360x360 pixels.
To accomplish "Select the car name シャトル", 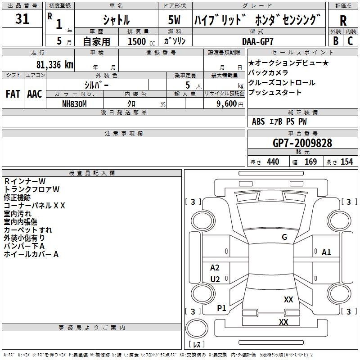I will pyautogui.click(x=116, y=20).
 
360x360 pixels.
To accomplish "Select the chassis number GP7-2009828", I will pyautogui.click(x=302, y=143).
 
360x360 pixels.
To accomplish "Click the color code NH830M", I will pyautogui.click(x=74, y=103).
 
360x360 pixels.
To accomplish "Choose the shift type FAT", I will pyautogui.click(x=13, y=94).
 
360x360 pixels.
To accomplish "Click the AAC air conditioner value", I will pyautogui.click(x=35, y=94).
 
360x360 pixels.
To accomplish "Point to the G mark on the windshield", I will pyautogui.click(x=284, y=237).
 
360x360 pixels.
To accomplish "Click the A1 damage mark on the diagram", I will pyautogui.click(x=326, y=252).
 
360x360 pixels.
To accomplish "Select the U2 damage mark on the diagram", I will pyautogui.click(x=215, y=279).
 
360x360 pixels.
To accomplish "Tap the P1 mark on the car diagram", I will pyautogui.click(x=221, y=308).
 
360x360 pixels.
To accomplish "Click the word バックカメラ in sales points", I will pyautogui.click(x=268, y=73).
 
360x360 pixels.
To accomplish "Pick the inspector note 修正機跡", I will pyautogui.click(x=17, y=197).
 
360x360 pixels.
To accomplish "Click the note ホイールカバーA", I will pyautogui.click(x=31, y=254).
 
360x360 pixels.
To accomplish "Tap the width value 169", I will pyautogui.click(x=310, y=162).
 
